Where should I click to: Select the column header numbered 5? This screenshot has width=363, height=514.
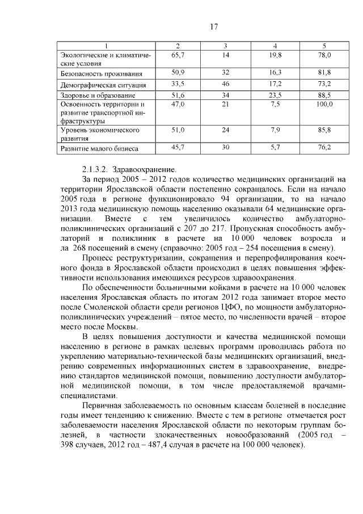324,45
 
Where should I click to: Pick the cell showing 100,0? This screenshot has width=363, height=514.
324,105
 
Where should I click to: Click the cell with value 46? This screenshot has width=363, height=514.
225,84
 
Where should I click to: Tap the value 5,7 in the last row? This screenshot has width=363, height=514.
276,148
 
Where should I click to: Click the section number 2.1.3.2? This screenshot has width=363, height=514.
95,169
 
